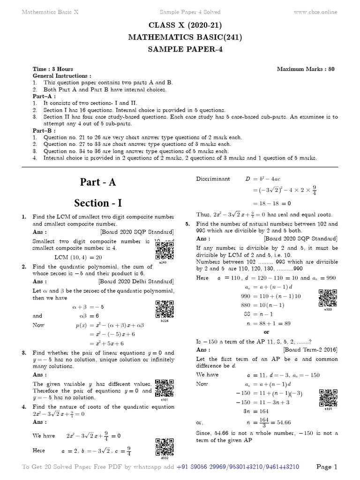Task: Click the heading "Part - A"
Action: (x=98, y=182)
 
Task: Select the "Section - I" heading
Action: (x=98, y=202)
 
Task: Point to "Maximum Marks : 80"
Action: (x=306, y=69)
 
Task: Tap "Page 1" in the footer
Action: (x=327, y=467)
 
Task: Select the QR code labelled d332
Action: (x=164, y=447)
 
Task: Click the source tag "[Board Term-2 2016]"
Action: (x=310, y=350)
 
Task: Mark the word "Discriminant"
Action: (x=213, y=179)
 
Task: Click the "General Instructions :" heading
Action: (x=61, y=75)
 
